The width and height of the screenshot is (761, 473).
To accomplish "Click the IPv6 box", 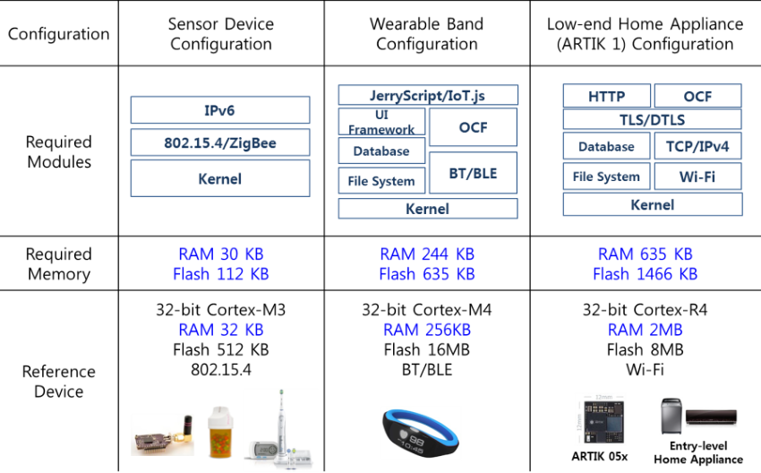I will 220,110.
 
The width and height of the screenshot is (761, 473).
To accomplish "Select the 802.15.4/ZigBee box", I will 220,142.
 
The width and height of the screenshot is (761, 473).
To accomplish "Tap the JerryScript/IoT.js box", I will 428,95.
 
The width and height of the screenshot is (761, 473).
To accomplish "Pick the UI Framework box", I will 382,122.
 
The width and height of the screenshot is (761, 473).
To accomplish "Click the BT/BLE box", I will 473,173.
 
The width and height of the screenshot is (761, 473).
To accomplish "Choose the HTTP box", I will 607,96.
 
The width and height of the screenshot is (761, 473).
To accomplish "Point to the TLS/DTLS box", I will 653,119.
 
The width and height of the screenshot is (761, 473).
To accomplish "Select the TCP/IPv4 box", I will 697,146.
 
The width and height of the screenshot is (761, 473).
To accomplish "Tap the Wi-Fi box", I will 697,176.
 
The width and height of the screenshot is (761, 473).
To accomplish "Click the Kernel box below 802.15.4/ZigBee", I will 220,178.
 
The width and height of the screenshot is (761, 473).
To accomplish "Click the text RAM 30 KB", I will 221,254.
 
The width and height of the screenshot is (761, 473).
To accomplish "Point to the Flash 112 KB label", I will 221,274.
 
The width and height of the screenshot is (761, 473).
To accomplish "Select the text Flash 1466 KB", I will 645,274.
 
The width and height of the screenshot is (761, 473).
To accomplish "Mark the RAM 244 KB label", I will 427,254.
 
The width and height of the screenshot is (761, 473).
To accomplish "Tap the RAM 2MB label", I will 645,330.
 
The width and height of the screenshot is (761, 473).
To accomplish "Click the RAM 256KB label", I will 427,330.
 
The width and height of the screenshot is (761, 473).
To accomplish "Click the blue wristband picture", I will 421,432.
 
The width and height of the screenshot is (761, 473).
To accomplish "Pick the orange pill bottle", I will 220,433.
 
